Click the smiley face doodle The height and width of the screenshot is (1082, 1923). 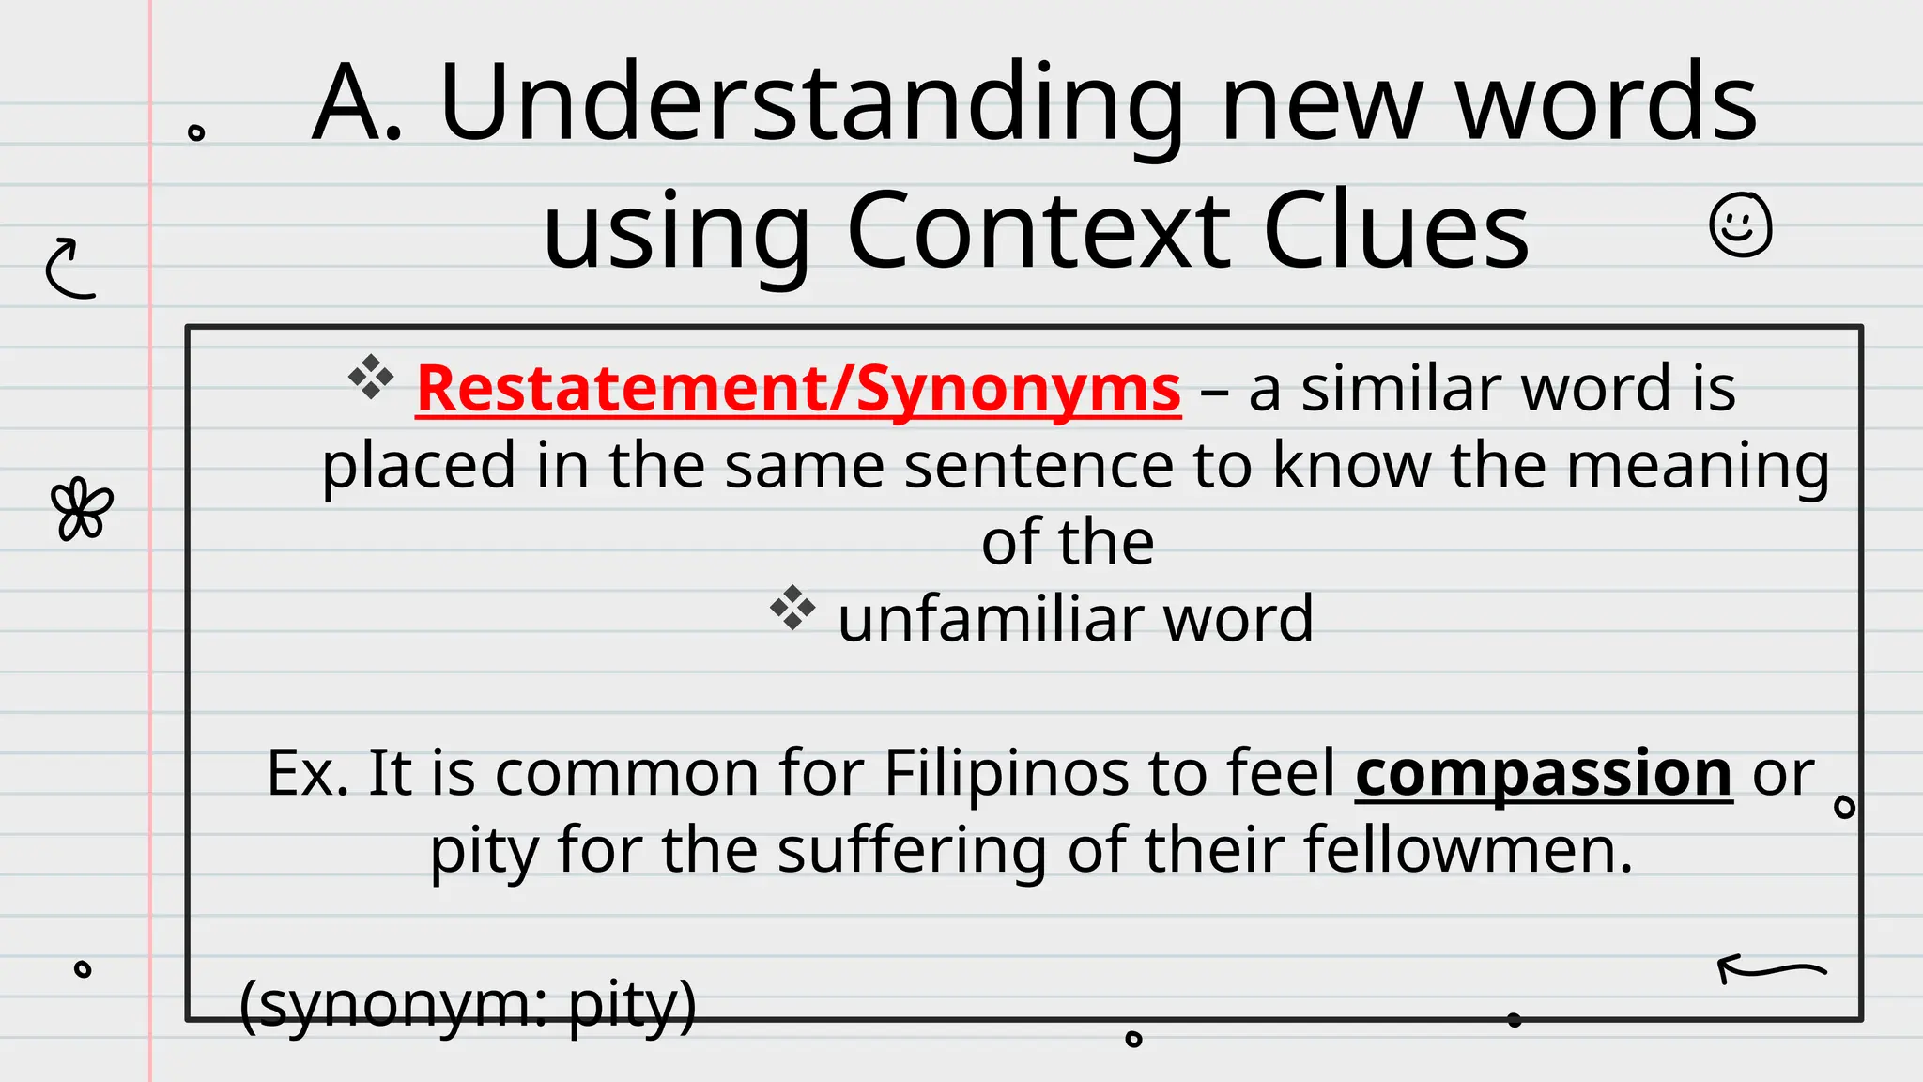pos(1740,225)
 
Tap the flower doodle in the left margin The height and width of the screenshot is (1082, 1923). pos(82,510)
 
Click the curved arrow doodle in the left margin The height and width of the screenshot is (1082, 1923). pos(70,269)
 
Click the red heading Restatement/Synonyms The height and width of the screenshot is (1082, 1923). pos(798,389)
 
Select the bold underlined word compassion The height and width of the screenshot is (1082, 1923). pos(1543,774)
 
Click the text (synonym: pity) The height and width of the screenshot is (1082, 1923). pos(468,1004)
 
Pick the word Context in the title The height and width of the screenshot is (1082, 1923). pos(1038,231)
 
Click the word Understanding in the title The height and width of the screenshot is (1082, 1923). pos(812,103)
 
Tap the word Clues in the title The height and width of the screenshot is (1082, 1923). pos(1396,231)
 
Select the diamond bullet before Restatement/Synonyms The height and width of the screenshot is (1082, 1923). pos(371,378)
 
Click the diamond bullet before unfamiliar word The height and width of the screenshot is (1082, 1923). pos(792,609)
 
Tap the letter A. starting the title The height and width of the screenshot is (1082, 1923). pos(358,103)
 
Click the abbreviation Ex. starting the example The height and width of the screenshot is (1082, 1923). pos(307,774)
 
